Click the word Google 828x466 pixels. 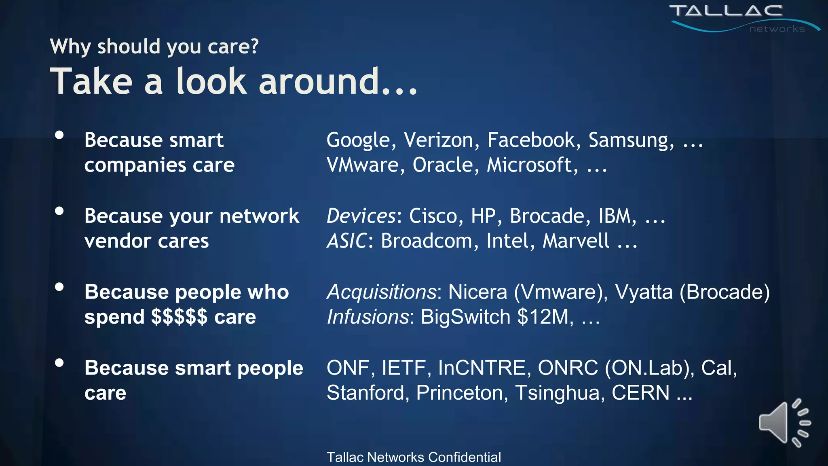click(358, 141)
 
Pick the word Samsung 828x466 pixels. click(631, 141)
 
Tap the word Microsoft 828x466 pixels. click(532, 165)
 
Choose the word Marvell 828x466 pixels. click(576, 241)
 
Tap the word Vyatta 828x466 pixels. click(644, 292)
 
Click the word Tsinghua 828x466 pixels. click(560, 393)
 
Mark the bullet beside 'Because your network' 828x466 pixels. click(59, 211)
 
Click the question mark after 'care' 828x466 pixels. click(254, 46)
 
